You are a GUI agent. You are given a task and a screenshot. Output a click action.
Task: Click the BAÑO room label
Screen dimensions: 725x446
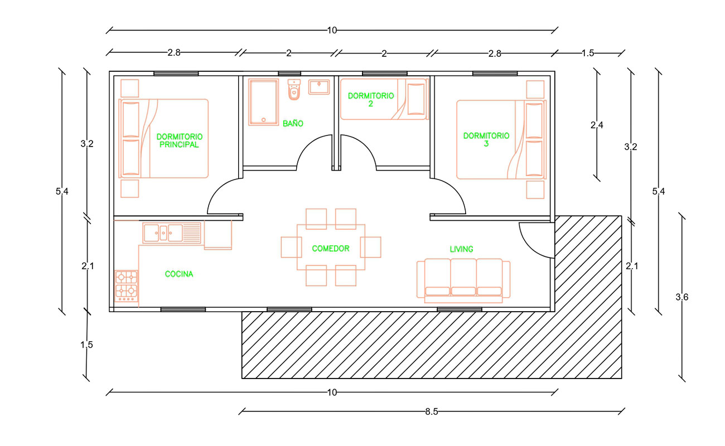(x=293, y=123)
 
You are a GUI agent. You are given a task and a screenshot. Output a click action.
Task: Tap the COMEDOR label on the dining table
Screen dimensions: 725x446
(x=331, y=249)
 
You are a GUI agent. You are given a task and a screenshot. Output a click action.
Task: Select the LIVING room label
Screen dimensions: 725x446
(x=462, y=249)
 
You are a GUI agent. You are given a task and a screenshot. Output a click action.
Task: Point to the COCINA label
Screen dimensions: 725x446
(x=179, y=274)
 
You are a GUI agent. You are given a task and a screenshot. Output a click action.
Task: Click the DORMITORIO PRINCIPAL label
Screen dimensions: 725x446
(x=180, y=141)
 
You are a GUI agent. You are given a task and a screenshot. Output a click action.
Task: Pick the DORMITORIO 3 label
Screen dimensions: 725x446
(x=486, y=140)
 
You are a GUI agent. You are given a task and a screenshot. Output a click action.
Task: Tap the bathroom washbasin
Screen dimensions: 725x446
(x=319, y=87)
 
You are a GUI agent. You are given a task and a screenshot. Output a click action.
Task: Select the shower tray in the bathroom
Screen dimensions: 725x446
(x=263, y=102)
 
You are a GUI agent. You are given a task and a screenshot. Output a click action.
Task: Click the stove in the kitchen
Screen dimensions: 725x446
(x=127, y=286)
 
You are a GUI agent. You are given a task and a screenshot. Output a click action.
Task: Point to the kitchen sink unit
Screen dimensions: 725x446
(x=172, y=232)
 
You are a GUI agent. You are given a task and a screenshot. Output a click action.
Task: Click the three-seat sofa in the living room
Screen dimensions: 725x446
(x=463, y=280)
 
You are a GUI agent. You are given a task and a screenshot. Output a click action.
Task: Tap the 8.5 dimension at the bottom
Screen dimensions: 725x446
(x=432, y=411)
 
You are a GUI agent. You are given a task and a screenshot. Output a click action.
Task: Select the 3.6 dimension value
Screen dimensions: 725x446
(x=682, y=297)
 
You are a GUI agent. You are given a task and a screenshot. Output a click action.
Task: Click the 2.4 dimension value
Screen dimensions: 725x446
(x=597, y=125)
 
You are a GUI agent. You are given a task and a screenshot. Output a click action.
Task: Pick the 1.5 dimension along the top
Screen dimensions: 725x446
(x=588, y=53)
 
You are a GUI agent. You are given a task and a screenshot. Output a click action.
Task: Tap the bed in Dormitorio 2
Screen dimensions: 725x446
(x=384, y=99)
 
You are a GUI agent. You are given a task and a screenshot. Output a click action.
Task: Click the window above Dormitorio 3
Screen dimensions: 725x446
(x=495, y=74)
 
